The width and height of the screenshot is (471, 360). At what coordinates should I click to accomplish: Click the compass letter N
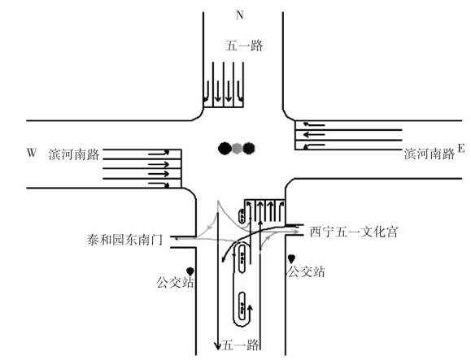(239, 15)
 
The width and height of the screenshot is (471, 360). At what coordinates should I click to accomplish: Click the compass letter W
(32, 153)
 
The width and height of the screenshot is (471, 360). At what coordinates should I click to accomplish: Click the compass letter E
(460, 148)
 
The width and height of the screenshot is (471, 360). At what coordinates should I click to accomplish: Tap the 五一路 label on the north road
(244, 46)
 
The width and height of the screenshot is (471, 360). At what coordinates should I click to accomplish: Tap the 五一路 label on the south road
(240, 345)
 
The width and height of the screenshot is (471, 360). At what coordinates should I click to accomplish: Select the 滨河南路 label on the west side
(74, 154)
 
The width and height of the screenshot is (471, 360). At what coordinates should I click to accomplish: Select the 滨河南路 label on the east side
(430, 154)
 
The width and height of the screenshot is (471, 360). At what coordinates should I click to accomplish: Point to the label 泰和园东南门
(124, 240)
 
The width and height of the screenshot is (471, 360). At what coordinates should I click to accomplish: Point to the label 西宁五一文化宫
(354, 232)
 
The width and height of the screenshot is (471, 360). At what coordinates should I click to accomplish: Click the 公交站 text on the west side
(175, 282)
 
